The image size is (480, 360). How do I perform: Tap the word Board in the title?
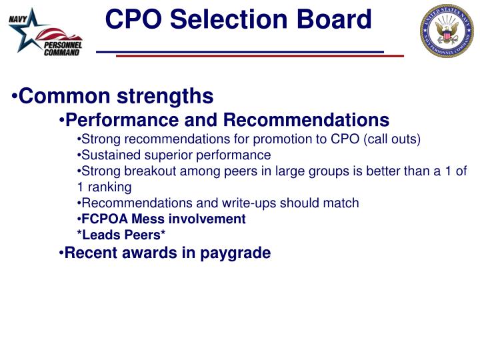coord(333,19)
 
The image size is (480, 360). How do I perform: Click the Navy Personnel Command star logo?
coord(43,33)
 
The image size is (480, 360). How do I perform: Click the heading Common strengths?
coord(116,97)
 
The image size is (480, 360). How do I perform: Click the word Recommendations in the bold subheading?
coord(306,120)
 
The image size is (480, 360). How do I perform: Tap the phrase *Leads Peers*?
coord(122,235)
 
